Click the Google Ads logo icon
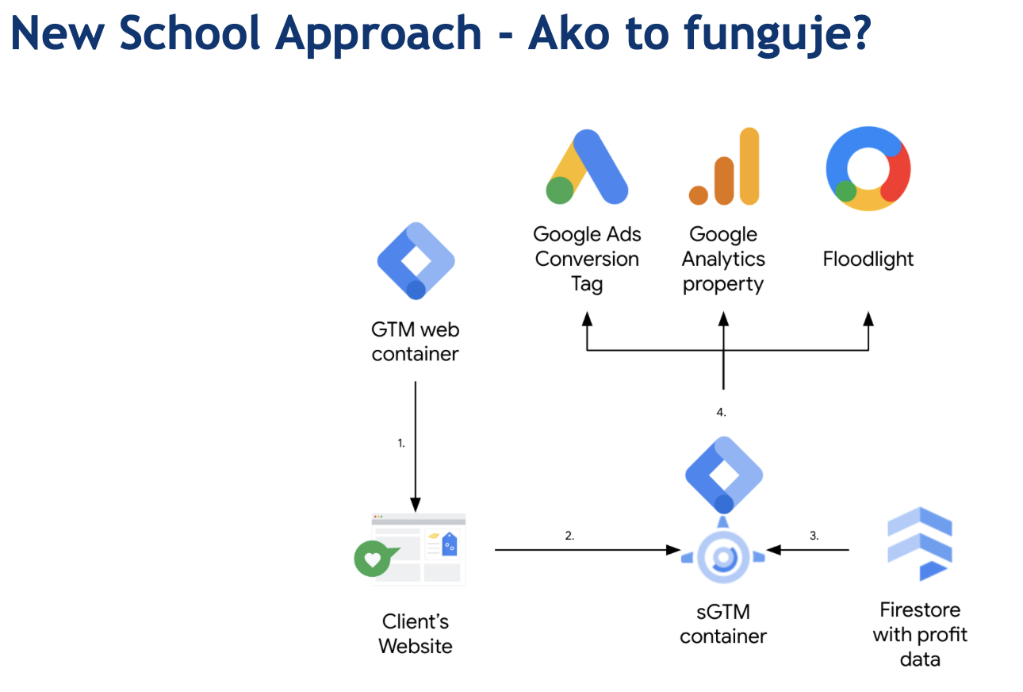(x=587, y=167)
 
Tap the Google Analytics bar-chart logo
(x=724, y=167)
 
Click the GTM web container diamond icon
(x=416, y=261)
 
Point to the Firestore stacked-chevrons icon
(x=919, y=544)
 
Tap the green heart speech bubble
(x=374, y=559)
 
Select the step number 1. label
(x=401, y=443)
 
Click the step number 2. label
(x=569, y=535)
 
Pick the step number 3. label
(x=814, y=535)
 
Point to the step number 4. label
(x=721, y=413)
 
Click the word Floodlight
(x=868, y=259)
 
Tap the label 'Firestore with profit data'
(x=920, y=634)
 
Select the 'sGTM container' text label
(x=723, y=624)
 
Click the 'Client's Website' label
(x=415, y=633)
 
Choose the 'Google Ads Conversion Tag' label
(x=587, y=259)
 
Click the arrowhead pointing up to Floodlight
(x=868, y=318)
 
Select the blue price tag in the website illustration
(x=450, y=544)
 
